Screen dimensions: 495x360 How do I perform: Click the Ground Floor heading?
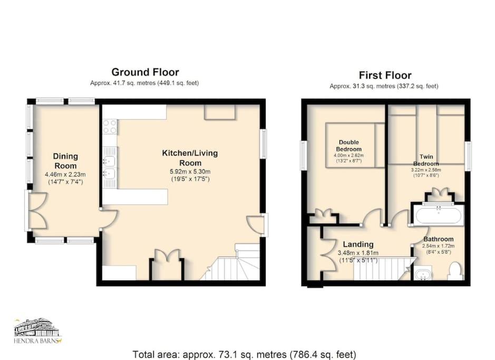(145, 72)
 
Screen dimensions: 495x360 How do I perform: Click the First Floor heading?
(385, 75)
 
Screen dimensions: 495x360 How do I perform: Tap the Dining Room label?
(65, 161)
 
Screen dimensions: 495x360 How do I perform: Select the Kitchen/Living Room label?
(190, 158)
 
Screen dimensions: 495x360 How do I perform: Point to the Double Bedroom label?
(349, 146)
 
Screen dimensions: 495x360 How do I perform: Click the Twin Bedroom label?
(426, 160)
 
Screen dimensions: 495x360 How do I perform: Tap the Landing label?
(358, 244)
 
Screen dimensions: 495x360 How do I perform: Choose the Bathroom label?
(439, 239)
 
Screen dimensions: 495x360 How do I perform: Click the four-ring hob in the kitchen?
(110, 127)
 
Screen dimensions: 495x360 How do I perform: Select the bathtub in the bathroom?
(438, 215)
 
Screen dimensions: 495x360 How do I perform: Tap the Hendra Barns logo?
(38, 330)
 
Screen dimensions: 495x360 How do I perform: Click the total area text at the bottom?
(245, 354)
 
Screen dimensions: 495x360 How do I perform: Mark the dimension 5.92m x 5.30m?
(190, 172)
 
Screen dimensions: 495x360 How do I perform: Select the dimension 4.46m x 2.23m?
(65, 174)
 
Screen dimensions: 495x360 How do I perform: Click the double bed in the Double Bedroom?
(355, 145)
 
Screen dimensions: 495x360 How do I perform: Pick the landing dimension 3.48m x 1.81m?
(358, 253)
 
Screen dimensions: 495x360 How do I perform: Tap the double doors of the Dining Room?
(37, 210)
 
